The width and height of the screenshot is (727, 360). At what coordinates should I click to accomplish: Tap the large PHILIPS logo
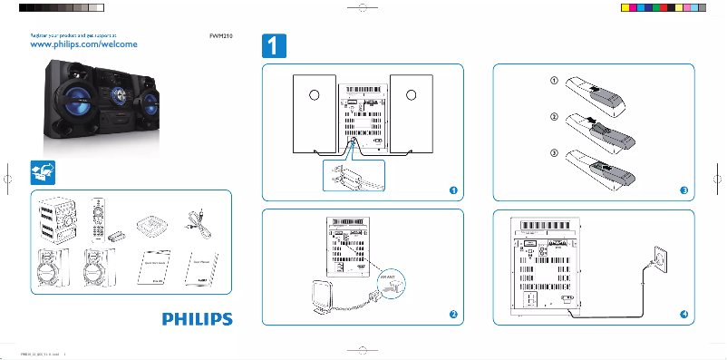coord(198,318)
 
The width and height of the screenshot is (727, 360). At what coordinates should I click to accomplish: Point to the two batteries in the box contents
coord(117,234)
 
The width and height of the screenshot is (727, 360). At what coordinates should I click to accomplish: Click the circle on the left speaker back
coord(309,95)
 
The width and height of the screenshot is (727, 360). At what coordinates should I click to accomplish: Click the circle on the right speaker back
coord(410,95)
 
